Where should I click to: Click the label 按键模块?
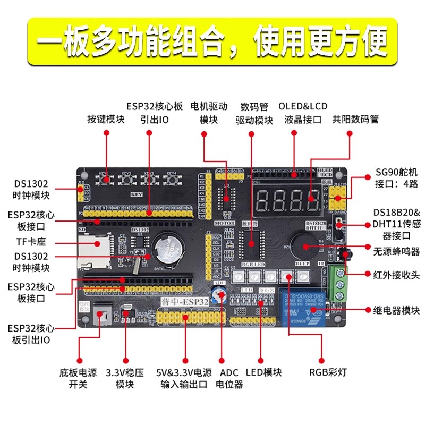pyautogui.click(x=106, y=119)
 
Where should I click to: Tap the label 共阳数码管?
pyautogui.click(x=355, y=119)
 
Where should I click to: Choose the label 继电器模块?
pyautogui.click(x=395, y=310)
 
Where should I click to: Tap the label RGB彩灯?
pyautogui.click(x=328, y=372)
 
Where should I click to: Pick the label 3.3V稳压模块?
pyautogui.click(x=125, y=378)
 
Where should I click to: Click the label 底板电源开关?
pyautogui.click(x=78, y=378)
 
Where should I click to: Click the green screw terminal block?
pyautogui.click(x=335, y=284)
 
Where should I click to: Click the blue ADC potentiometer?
pyautogui.click(x=218, y=297)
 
